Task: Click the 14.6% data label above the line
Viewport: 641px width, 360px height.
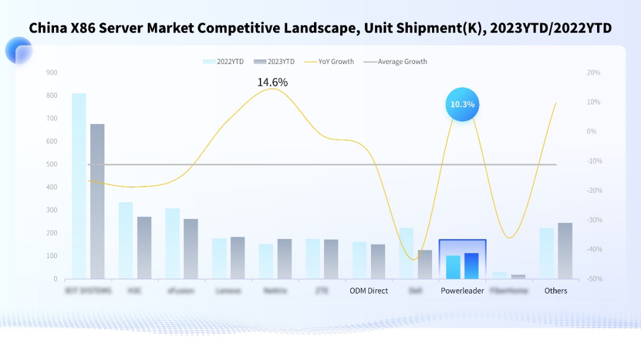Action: (272, 82)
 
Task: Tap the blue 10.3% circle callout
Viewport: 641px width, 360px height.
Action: (462, 104)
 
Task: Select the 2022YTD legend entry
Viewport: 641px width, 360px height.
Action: (223, 62)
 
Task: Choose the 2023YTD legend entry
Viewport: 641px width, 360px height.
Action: (274, 62)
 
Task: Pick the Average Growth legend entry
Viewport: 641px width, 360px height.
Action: (395, 62)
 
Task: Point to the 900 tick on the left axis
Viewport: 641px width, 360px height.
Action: (52, 72)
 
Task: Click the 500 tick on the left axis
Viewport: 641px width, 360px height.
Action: (52, 164)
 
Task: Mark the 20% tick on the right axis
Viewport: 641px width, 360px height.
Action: (593, 72)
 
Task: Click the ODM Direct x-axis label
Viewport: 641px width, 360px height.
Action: (369, 291)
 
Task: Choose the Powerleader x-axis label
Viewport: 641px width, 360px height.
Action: (462, 291)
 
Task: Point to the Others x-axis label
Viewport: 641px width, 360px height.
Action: (556, 291)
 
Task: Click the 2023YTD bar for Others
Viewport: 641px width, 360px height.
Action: (565, 251)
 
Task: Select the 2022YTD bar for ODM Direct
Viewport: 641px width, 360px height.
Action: (360, 260)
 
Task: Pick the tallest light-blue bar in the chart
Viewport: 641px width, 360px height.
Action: (79, 186)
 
